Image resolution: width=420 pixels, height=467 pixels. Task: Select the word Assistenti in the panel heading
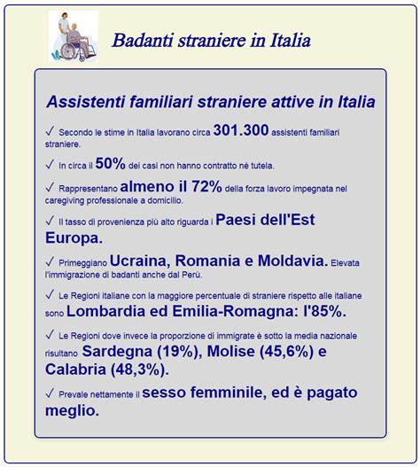point(85,102)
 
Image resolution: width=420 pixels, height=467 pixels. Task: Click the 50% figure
point(109,164)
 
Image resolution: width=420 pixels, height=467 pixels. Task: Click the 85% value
point(324,312)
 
